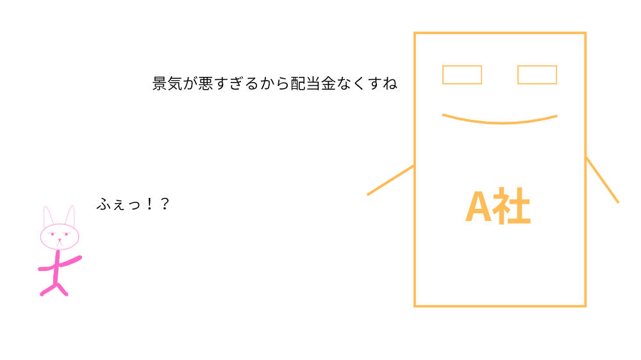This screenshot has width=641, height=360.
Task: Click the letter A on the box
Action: click(x=478, y=208)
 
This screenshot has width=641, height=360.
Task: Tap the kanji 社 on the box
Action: click(x=512, y=207)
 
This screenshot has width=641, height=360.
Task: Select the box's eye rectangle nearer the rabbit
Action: click(x=462, y=74)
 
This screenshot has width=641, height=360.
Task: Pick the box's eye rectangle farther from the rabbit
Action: click(x=537, y=74)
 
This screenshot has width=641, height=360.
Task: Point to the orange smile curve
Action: click(x=500, y=122)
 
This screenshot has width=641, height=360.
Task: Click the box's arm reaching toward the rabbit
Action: click(x=390, y=181)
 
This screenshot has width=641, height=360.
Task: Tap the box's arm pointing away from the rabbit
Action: click(x=603, y=180)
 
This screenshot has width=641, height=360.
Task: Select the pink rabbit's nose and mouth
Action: click(x=60, y=242)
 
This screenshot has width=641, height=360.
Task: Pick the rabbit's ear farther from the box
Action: click(x=47, y=216)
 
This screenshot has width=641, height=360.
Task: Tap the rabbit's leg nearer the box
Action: click(x=63, y=290)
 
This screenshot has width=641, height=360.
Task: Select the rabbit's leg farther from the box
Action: click(x=47, y=290)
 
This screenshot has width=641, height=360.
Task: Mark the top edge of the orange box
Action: click(x=500, y=33)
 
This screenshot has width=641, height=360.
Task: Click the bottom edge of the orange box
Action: click(x=500, y=306)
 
